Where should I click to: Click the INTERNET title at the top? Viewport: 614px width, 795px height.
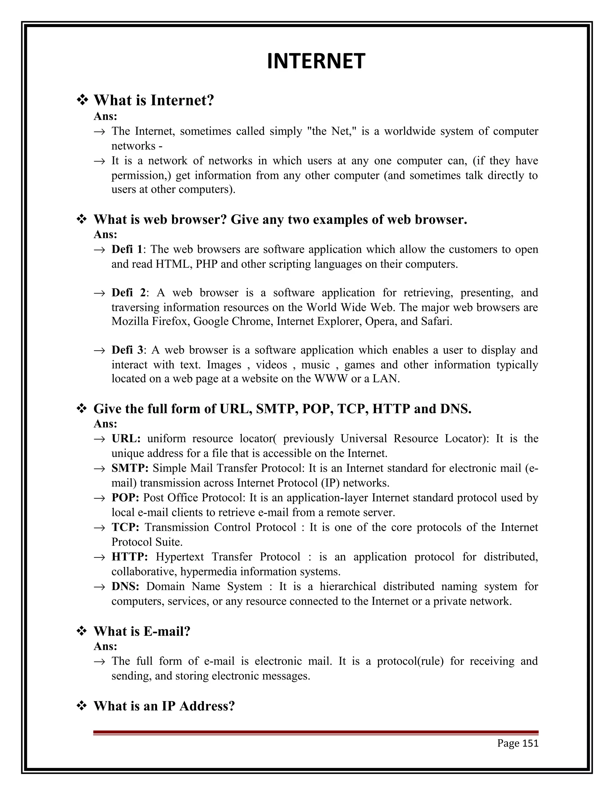click(316, 61)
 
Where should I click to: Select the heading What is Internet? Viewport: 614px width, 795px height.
click(154, 100)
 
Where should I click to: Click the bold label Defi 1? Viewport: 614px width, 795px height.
click(127, 249)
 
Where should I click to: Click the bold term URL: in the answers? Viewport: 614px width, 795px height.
click(126, 438)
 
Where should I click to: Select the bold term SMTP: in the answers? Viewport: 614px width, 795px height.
click(130, 468)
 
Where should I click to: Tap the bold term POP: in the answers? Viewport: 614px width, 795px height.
click(125, 498)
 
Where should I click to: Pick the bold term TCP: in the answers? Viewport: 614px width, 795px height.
click(125, 527)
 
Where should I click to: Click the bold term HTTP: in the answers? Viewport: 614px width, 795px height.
click(130, 556)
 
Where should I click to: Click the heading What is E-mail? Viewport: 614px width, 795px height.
click(142, 631)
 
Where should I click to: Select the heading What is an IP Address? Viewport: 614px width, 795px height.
click(164, 706)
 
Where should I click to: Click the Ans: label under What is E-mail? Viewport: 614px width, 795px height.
click(106, 646)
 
